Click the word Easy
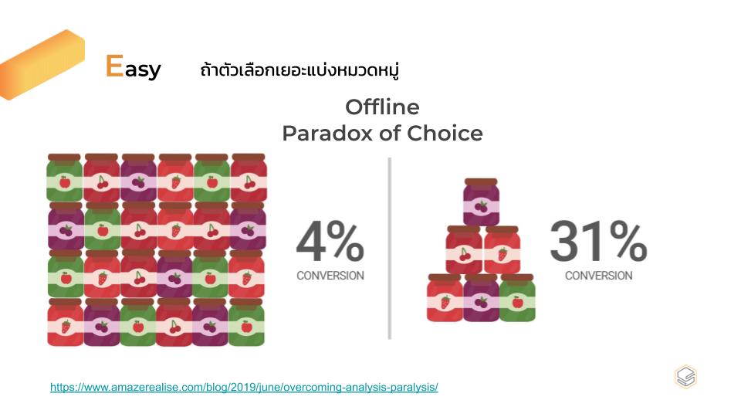click(134, 66)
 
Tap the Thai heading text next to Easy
click(299, 70)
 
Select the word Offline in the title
click(382, 107)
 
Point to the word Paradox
click(327, 134)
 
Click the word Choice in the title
click(445, 134)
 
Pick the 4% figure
click(330, 241)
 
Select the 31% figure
click(598, 241)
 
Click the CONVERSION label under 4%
click(330, 276)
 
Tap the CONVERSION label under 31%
click(599, 276)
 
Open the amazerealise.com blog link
click(244, 387)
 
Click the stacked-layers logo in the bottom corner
click(685, 377)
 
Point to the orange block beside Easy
click(42, 65)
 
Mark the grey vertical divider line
click(389, 248)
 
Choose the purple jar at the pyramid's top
click(481, 202)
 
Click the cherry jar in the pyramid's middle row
click(464, 250)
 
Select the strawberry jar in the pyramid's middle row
click(502, 250)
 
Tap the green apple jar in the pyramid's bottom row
click(517, 298)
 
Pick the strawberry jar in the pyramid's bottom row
click(445, 298)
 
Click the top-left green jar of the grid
click(64, 178)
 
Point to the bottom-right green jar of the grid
click(246, 322)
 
